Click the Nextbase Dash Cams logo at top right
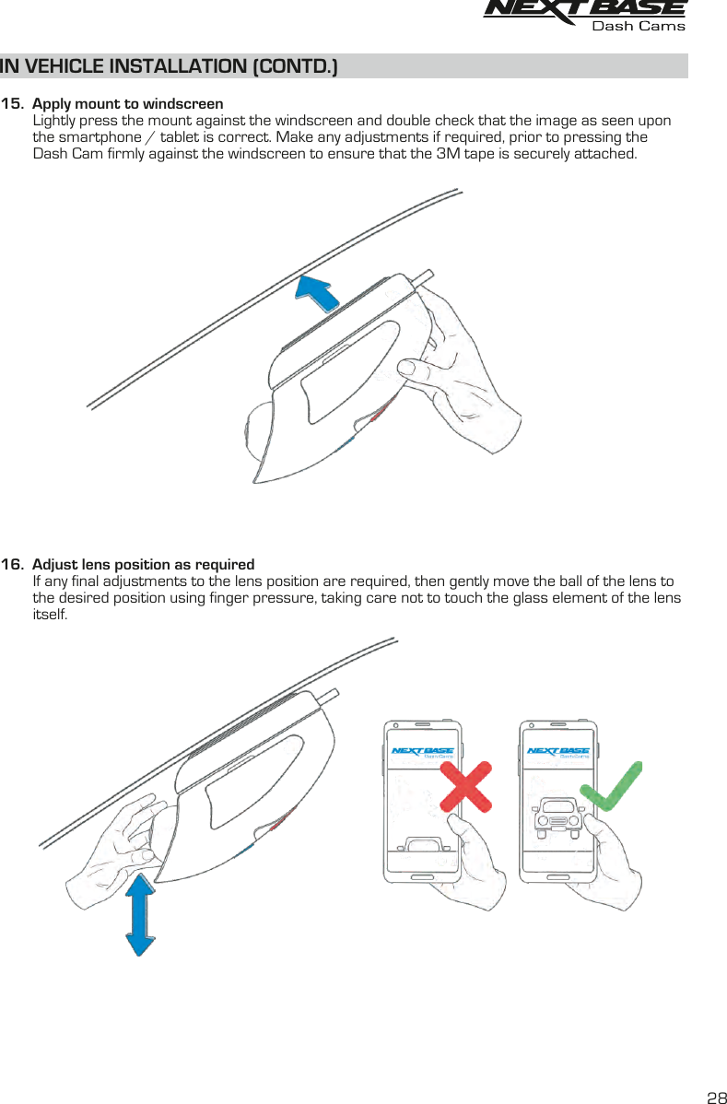point(585,16)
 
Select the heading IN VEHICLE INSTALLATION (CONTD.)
point(170,66)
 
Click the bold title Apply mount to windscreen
point(127,103)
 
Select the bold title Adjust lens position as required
point(143,564)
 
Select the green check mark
point(610,786)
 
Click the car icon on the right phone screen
point(557,815)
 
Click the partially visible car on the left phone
point(423,843)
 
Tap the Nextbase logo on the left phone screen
point(422,751)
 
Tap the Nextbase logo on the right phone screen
point(557,751)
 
